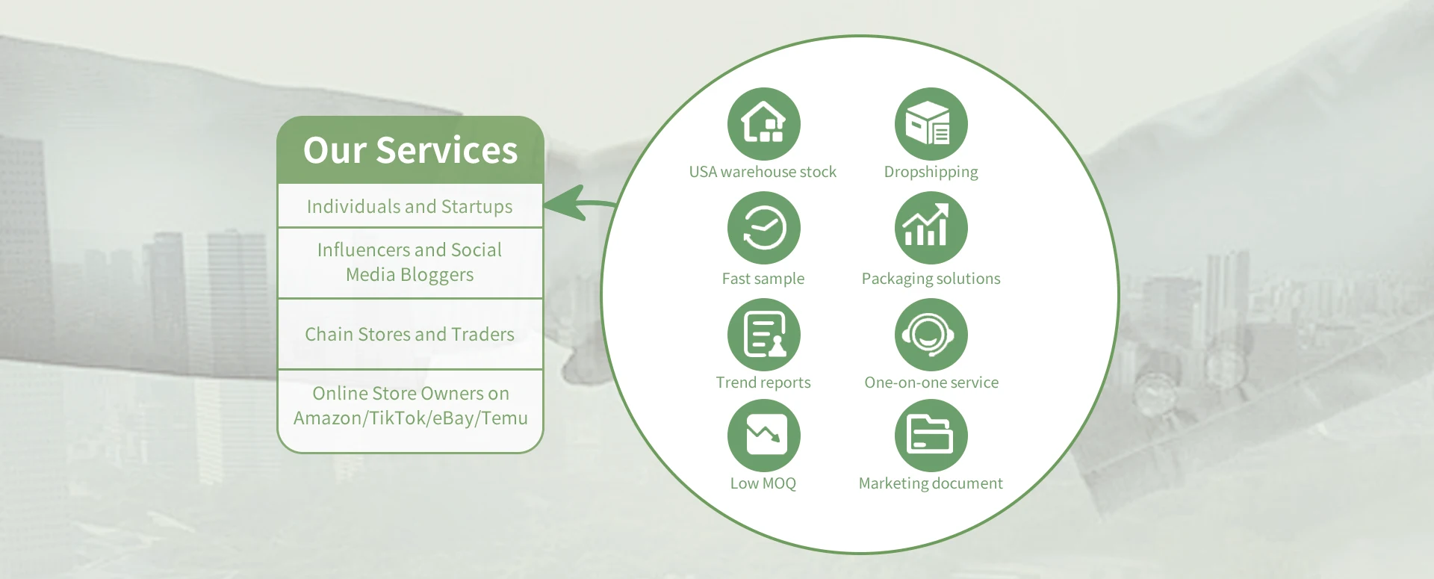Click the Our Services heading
(410, 150)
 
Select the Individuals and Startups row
(410, 206)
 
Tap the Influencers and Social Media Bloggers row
(410, 262)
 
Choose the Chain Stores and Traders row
(410, 334)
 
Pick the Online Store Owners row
(410, 406)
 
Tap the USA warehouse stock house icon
(763, 124)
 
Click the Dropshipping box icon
(931, 124)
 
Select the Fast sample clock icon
(763, 228)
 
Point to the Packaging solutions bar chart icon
(931, 228)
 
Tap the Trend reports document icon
(763, 335)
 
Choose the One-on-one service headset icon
(931, 335)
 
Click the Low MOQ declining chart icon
(763, 436)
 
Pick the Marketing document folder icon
(931, 436)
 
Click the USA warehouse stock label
(763, 172)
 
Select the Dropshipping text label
(931, 173)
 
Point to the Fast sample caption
(763, 279)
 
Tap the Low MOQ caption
(763, 483)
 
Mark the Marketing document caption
(931, 483)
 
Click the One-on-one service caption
(931, 383)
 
